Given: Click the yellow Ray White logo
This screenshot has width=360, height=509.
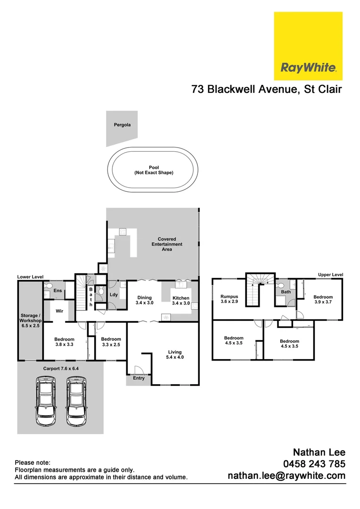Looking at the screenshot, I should (x=308, y=46).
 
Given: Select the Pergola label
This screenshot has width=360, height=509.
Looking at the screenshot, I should (x=122, y=125).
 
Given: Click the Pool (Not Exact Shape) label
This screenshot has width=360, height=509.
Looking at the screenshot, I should (x=154, y=170).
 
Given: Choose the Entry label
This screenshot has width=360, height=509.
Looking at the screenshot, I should (x=139, y=378).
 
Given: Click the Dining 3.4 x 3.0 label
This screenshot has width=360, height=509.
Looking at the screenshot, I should (x=145, y=300).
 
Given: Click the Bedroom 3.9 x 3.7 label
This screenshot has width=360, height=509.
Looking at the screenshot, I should (x=323, y=300).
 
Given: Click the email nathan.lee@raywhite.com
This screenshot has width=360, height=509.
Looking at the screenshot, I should (x=286, y=476).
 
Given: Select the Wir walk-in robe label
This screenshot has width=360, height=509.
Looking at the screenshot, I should (x=59, y=311).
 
